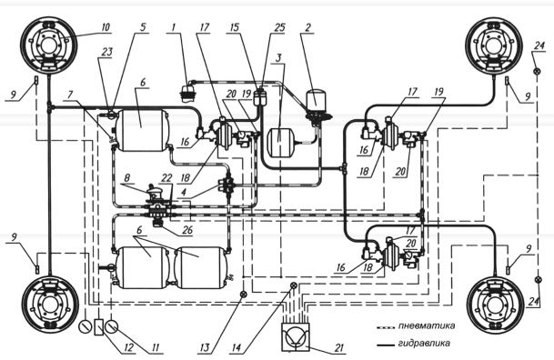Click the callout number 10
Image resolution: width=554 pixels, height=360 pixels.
coord(106,27)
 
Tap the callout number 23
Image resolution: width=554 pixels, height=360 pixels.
coord(106,52)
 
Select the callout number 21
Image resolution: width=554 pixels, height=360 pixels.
coord(338,348)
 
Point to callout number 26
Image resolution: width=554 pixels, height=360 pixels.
coord(187,230)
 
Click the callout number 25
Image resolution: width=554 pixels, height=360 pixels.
coord(280,27)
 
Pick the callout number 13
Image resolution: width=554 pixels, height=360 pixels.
coord(205,348)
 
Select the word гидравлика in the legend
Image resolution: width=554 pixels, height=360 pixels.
coord(424,343)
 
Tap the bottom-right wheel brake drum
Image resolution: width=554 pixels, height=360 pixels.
coord(495,305)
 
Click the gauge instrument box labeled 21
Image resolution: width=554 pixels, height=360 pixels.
coord(296,336)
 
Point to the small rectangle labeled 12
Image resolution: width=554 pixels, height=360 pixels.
coord(99,326)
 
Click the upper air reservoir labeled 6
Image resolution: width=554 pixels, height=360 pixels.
coord(143,130)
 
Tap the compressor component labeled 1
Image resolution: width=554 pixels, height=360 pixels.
coord(187,92)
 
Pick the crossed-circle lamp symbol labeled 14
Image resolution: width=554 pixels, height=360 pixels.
coord(293,285)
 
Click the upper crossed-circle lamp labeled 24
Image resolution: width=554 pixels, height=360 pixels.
coord(537,71)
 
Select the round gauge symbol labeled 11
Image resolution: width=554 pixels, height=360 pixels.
coord(112,326)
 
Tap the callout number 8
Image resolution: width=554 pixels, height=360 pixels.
coord(127,177)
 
